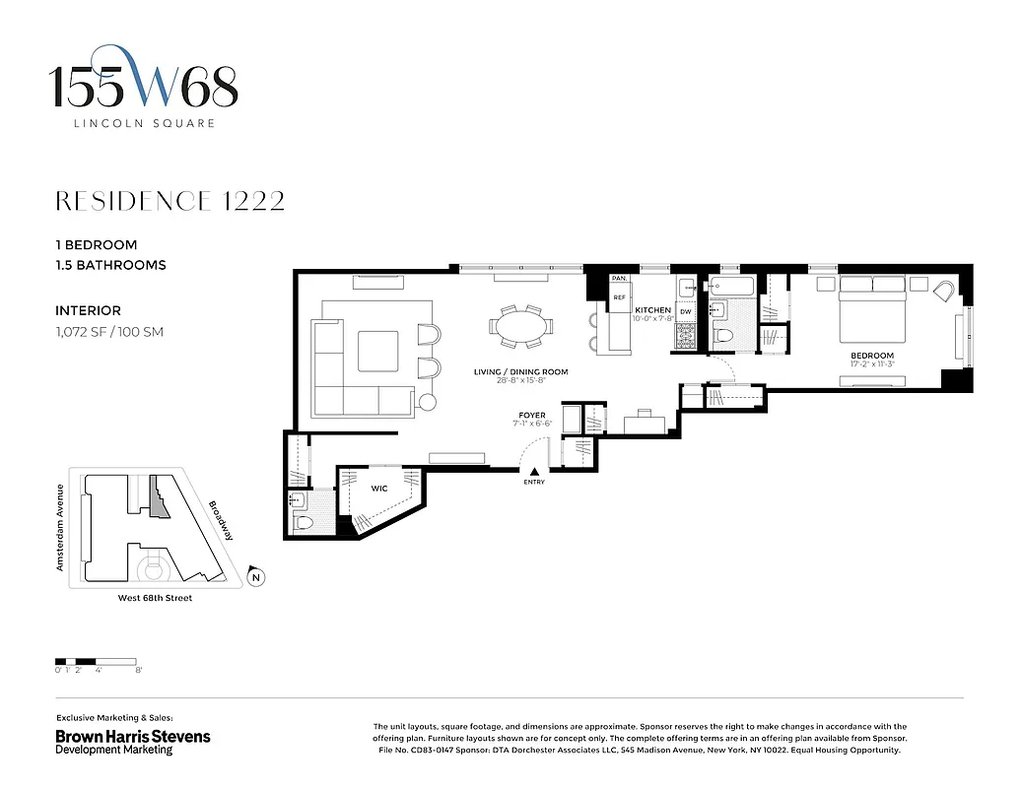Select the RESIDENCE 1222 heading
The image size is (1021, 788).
click(x=170, y=201)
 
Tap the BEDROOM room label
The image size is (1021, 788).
click(x=872, y=356)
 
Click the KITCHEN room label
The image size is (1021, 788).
click(x=652, y=310)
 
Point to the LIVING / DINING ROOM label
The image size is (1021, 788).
click(x=520, y=372)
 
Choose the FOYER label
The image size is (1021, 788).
click(x=532, y=416)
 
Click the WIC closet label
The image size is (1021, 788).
click(x=378, y=488)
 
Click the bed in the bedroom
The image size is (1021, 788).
click(x=872, y=305)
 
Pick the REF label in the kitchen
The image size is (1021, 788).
click(x=620, y=296)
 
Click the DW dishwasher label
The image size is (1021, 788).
click(x=686, y=312)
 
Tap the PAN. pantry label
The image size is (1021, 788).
click(x=620, y=280)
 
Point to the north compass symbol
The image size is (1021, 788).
click(x=256, y=578)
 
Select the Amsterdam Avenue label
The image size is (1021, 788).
click(x=60, y=527)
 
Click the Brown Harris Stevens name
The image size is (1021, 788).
click(x=132, y=736)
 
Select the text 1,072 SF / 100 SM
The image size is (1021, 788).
click(x=109, y=332)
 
